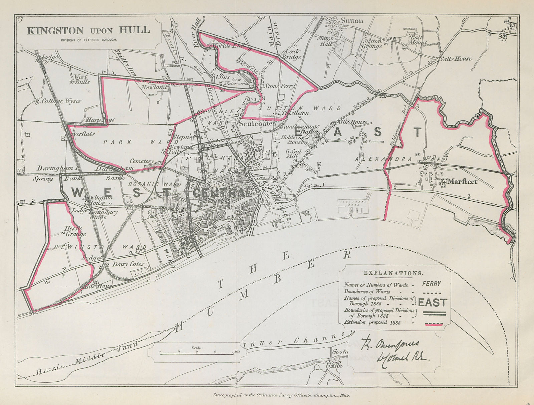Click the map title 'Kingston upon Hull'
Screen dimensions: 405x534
88,31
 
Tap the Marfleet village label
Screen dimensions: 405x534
462,182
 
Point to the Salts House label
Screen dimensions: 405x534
455,59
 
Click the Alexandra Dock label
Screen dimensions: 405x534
353,202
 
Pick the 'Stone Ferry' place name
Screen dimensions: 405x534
280,86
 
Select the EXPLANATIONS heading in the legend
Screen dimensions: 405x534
393,273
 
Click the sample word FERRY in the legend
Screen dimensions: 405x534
431,284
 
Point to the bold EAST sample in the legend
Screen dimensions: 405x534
432,303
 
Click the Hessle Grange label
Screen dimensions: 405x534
75,231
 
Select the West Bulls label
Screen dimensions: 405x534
81,79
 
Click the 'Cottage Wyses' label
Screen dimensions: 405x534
61,101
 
